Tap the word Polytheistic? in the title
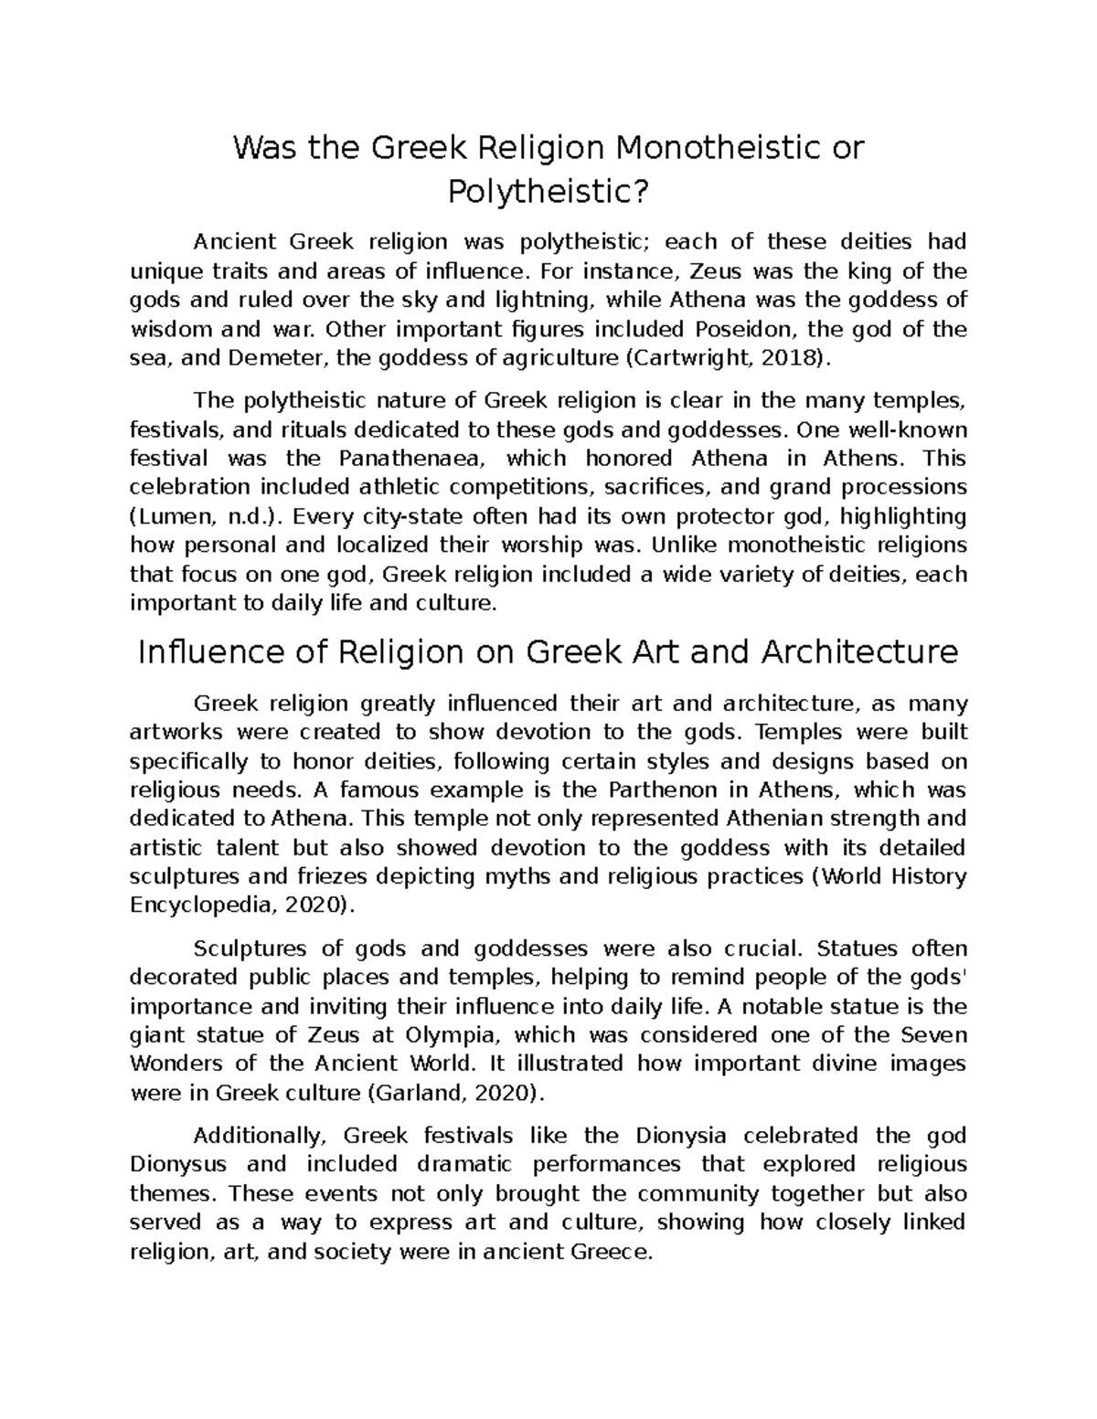548,192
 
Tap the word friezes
314,876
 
